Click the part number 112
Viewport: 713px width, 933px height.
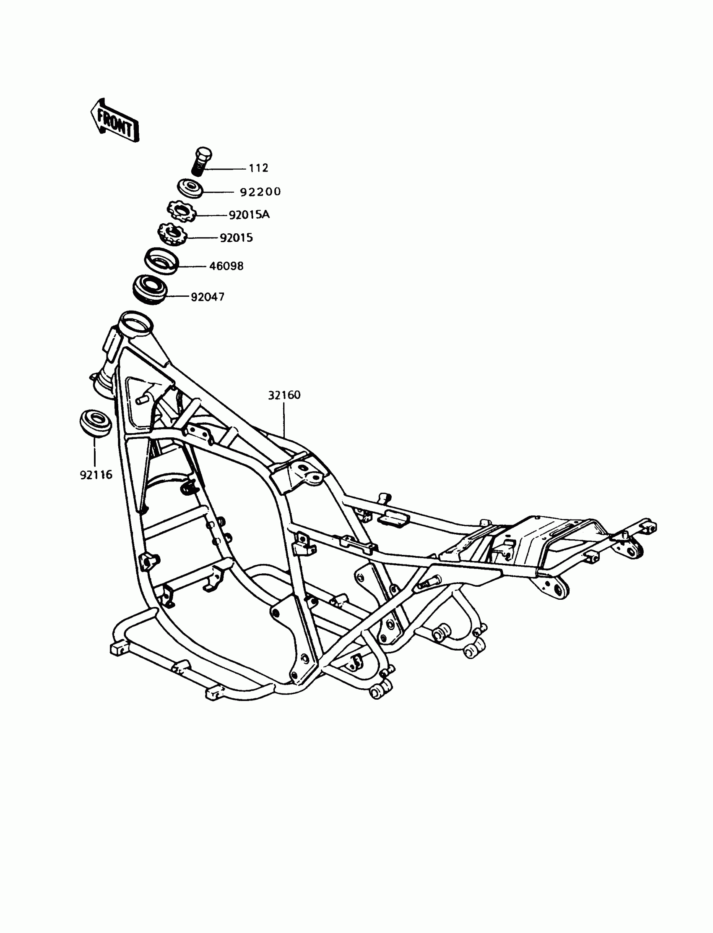tap(258, 168)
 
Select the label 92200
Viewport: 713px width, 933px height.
tap(260, 192)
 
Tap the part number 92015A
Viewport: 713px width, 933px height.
tap(249, 215)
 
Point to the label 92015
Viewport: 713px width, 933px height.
tap(236, 238)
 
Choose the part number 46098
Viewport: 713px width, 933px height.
tap(226, 266)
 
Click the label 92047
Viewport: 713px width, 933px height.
tap(208, 297)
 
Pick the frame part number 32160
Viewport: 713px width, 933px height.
tap(284, 395)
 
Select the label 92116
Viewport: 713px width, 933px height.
tap(96, 475)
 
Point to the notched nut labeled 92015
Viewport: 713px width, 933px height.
tap(173, 235)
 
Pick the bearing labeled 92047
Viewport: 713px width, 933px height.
tap(150, 289)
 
